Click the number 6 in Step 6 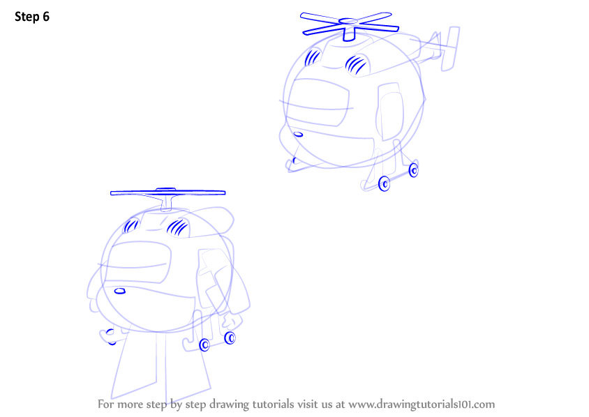(x=46, y=17)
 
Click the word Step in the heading (x=27, y=17)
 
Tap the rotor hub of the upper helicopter (x=349, y=22)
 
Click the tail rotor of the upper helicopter (x=450, y=48)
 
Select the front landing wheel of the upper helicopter (x=384, y=183)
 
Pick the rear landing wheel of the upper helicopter (x=413, y=170)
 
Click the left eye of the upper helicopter (x=313, y=57)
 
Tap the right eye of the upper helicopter (x=357, y=64)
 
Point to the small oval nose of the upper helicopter (x=298, y=135)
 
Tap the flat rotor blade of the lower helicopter (x=168, y=193)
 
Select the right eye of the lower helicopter (x=178, y=227)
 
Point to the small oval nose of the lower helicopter (x=120, y=291)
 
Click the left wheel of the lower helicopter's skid (x=204, y=344)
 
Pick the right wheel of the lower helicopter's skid (x=230, y=338)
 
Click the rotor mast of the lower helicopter (x=166, y=203)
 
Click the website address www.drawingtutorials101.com (x=422, y=404)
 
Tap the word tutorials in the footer (x=273, y=404)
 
